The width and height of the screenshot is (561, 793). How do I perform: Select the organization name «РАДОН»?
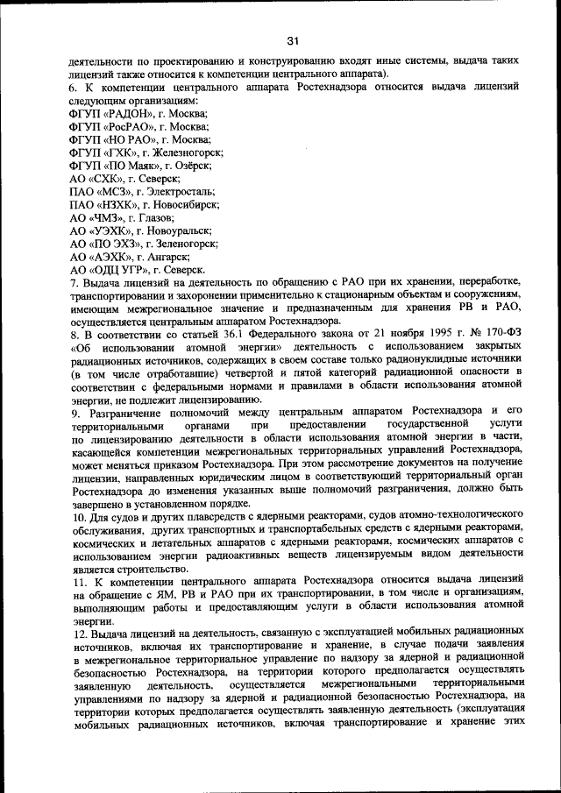click(123, 114)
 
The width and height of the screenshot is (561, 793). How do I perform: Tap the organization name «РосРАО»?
click(124, 127)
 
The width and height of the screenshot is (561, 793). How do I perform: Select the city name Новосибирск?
click(183, 204)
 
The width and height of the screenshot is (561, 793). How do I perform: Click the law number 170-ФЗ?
click(501, 335)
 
